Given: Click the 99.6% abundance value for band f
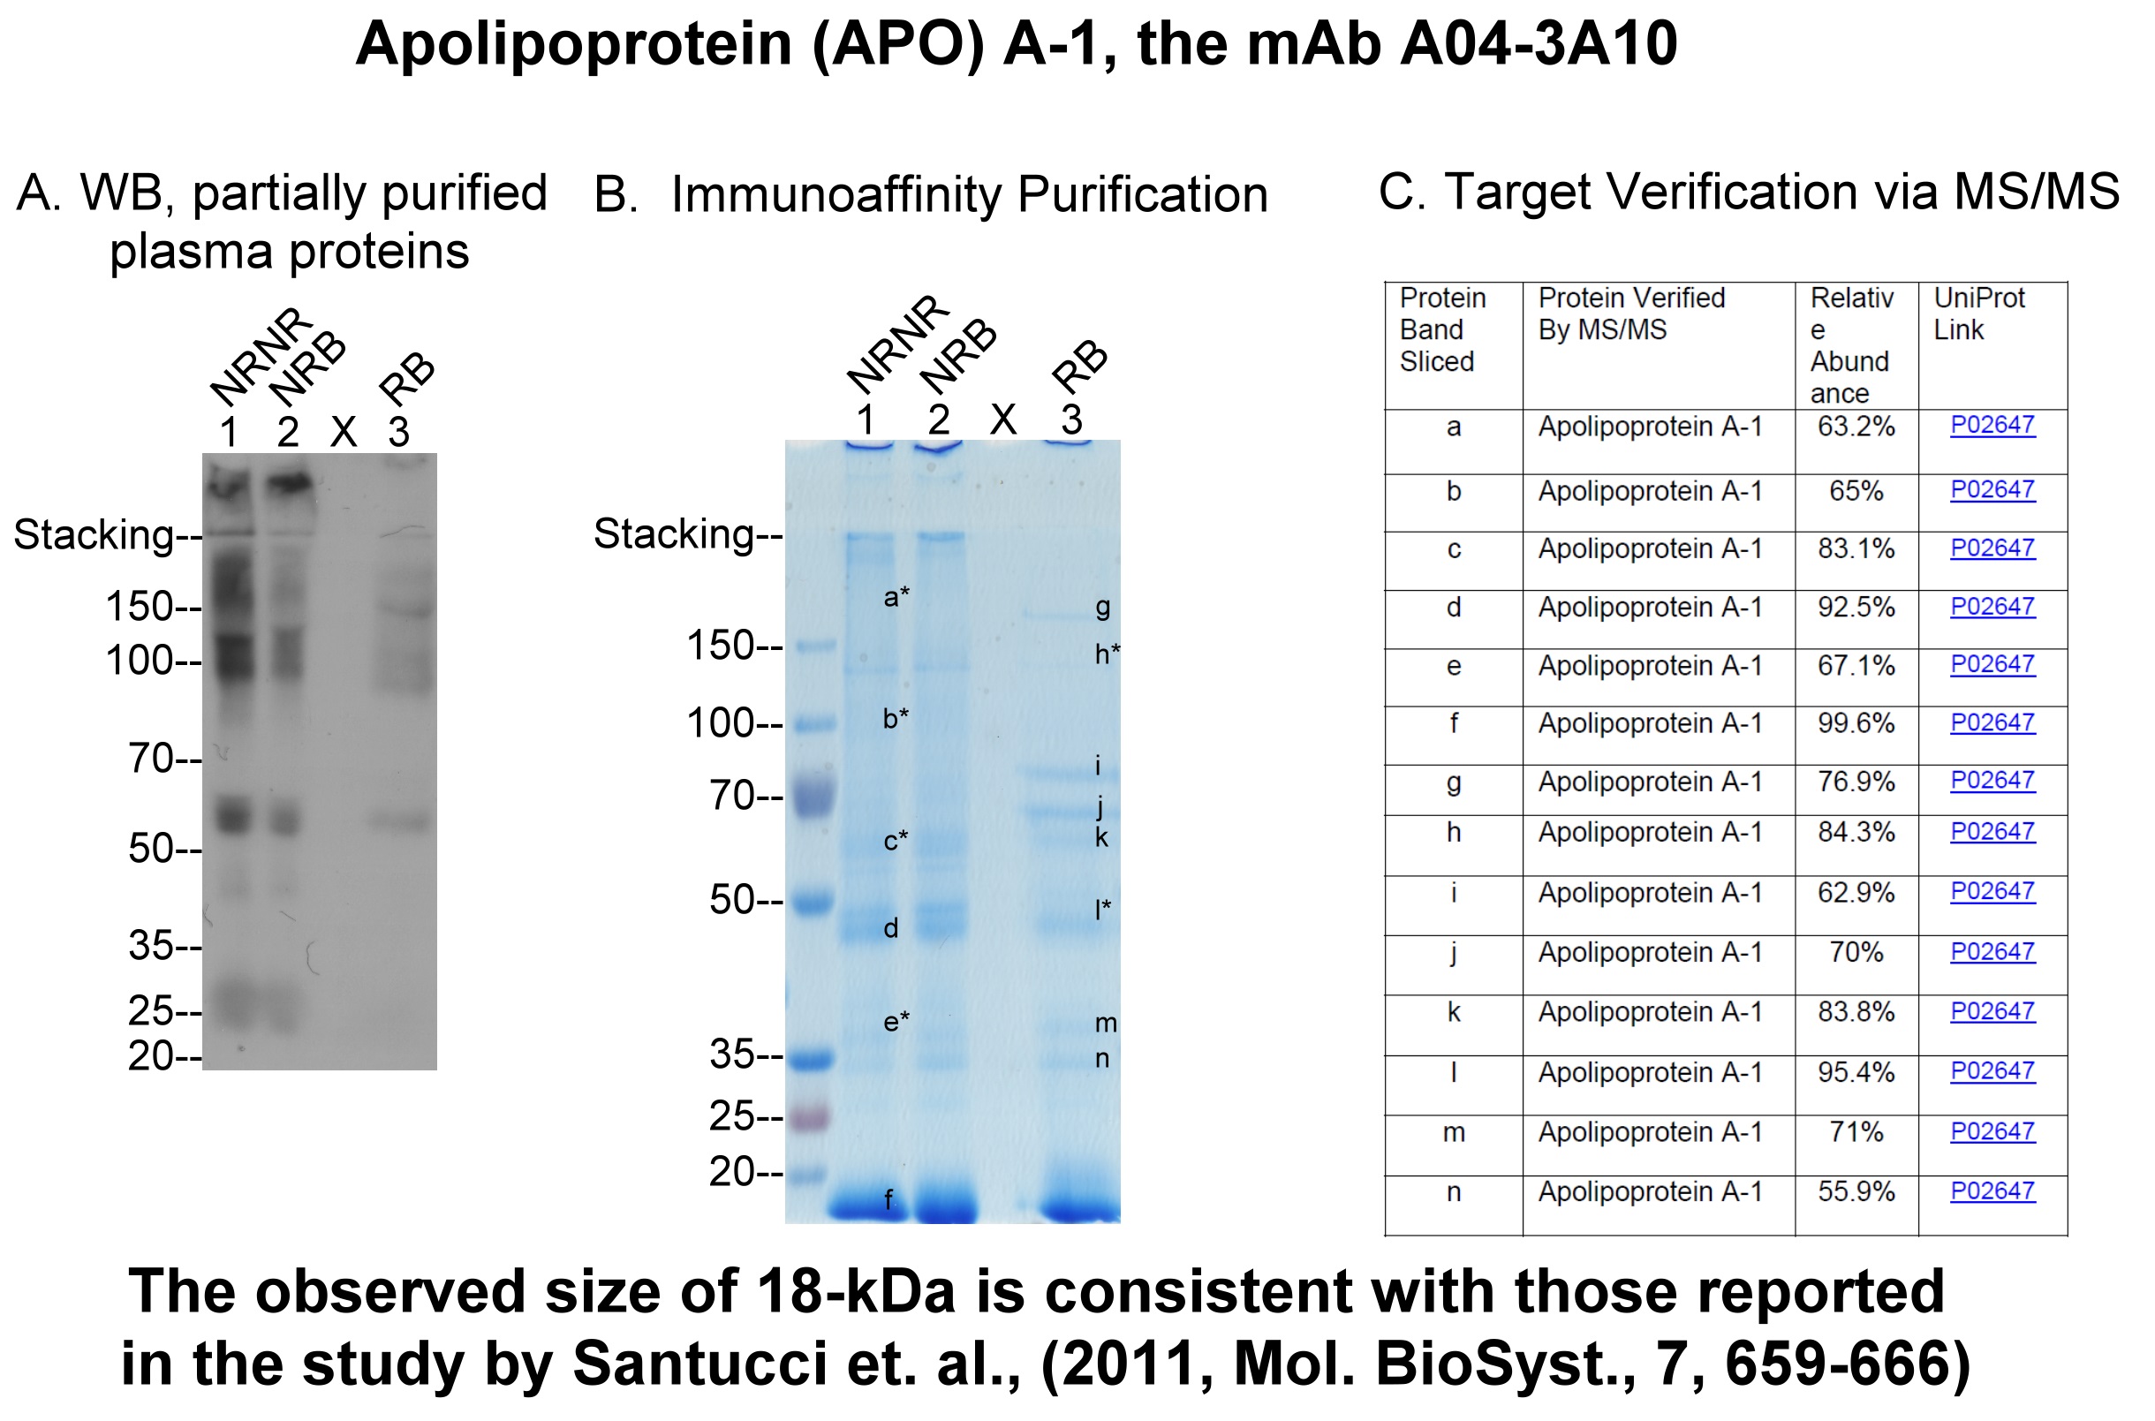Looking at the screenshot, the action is pos(1856,723).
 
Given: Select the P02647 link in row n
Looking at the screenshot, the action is pos(1992,1190).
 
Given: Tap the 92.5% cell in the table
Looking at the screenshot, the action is pos(1856,608).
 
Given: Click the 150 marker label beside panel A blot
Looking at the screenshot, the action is pos(153,605).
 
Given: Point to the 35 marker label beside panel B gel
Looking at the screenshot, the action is pos(745,1054).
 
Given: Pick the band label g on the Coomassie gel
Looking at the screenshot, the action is pos(1103,608).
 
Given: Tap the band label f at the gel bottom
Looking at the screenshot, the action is pos(888,1199).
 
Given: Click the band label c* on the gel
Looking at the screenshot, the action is pos(896,840).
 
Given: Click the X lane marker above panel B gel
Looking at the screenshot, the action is pos(1003,419).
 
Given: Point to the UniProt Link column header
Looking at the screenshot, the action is pos(1979,314).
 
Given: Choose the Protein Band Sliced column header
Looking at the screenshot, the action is pos(1443,330).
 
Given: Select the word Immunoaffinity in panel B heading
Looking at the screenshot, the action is pos(835,196).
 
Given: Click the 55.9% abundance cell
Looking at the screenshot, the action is pos(1856,1190).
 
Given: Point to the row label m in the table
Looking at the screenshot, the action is pos(1454,1132).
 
